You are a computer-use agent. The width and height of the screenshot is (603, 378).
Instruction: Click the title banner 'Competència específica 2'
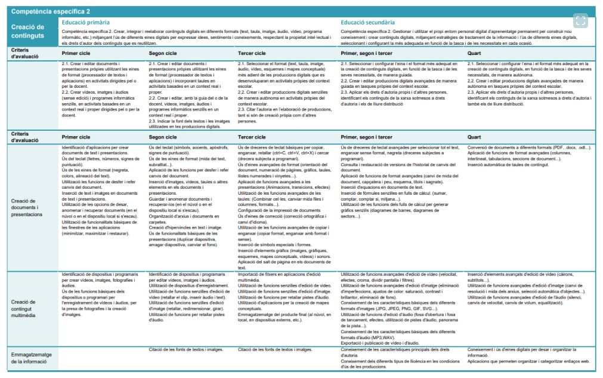point(50,11)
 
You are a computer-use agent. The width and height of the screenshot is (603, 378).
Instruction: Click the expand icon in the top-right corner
point(582,20)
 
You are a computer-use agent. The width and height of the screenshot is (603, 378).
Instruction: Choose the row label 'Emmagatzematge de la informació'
point(32,358)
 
